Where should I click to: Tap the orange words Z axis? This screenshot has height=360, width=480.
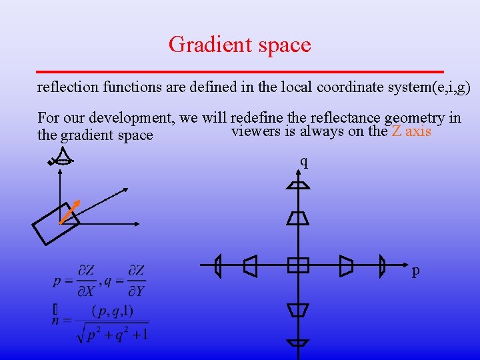(x=411, y=131)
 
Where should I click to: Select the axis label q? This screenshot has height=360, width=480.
(x=304, y=161)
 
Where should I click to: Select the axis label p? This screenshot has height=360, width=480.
(x=416, y=271)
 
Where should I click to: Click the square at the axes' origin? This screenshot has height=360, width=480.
(x=298, y=265)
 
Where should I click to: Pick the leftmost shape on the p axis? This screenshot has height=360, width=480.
(x=218, y=266)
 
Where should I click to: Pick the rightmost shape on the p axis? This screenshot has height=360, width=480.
(x=382, y=266)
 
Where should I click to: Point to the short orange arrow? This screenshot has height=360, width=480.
(x=70, y=211)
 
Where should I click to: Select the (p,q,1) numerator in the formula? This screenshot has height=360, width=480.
(x=112, y=310)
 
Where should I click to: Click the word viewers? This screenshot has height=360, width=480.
(x=255, y=131)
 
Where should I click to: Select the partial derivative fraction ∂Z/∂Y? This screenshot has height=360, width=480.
(x=136, y=281)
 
